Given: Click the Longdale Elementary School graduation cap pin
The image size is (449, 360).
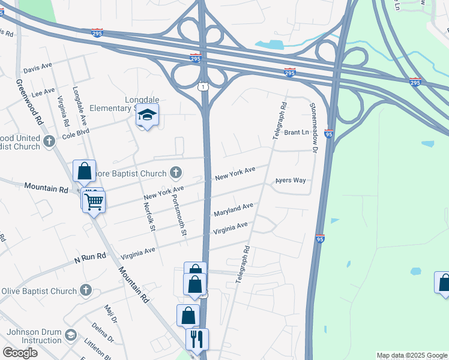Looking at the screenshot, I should pyautogui.click(x=147, y=115).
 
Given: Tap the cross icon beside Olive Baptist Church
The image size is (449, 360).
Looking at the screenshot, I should pyautogui.click(x=85, y=291).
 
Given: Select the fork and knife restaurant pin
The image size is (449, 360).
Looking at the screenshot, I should pyautogui.click(x=197, y=340).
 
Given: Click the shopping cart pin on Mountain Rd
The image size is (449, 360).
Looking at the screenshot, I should pyautogui.click(x=94, y=202).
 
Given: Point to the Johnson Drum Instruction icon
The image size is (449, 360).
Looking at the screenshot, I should pyautogui.click(x=71, y=334).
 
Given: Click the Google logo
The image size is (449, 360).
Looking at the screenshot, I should pyautogui.click(x=20, y=353).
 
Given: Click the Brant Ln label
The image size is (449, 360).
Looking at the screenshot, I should pyautogui.click(x=296, y=133).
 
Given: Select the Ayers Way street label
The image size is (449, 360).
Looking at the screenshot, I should pyautogui.click(x=291, y=180).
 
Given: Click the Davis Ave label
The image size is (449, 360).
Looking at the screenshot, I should pyautogui.click(x=38, y=65).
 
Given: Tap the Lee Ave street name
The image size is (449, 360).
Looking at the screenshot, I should pyautogui.click(x=43, y=93).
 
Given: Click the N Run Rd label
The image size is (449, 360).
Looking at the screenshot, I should pyautogui.click(x=90, y=257).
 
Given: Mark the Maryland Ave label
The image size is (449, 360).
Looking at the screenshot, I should pyautogui.click(x=233, y=209).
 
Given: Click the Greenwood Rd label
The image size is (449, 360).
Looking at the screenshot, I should pyautogui.click(x=31, y=101).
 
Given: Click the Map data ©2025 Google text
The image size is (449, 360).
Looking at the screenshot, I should pyautogui.click(x=412, y=355).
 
